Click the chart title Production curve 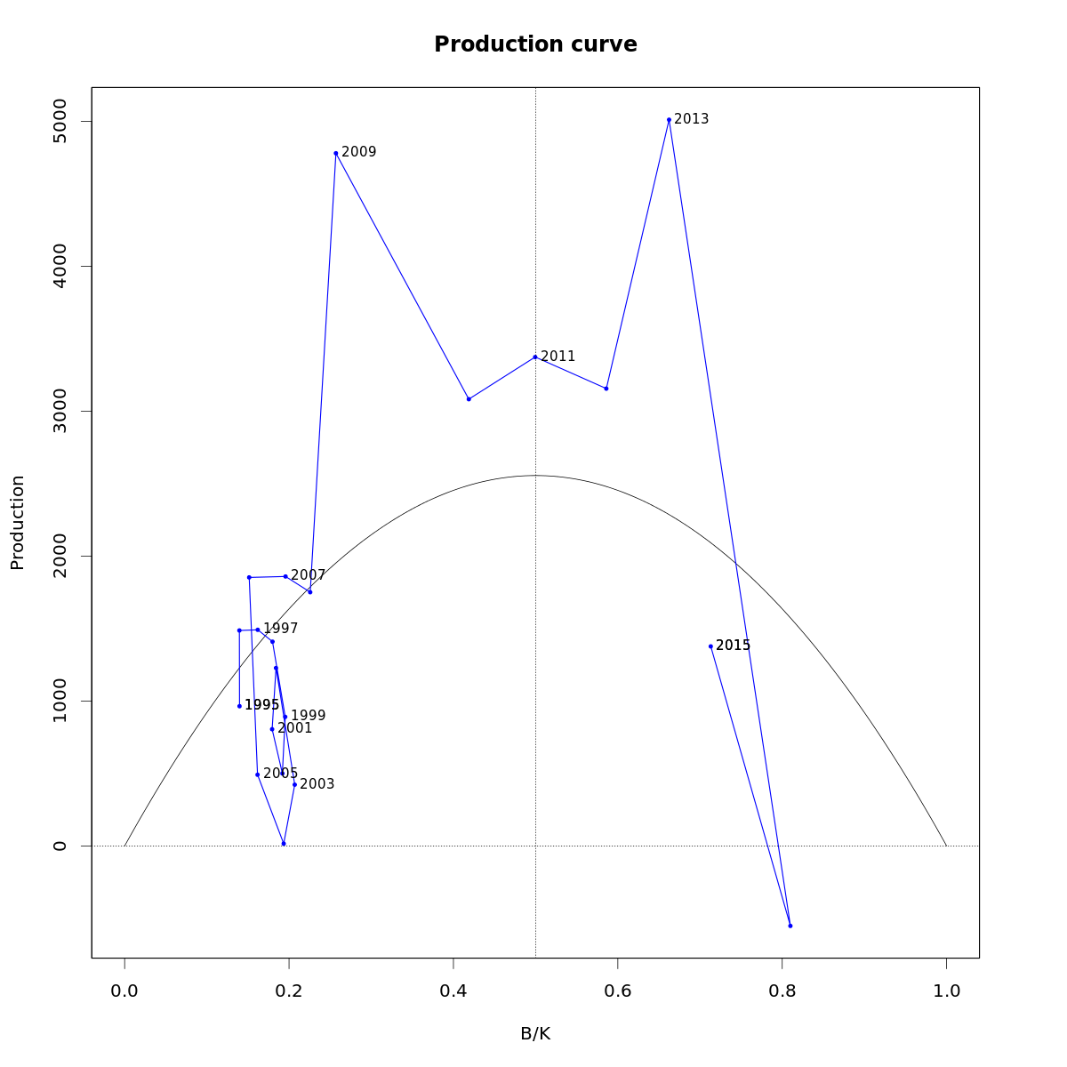coord(535,44)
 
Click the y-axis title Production coord(18,523)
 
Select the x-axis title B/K coord(535,1034)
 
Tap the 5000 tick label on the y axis coord(60,121)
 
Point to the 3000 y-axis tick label coord(60,411)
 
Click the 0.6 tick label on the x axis coord(618,991)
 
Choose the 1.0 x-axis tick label coord(946,991)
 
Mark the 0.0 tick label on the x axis coord(124,991)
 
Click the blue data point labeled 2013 coord(669,119)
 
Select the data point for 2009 coord(336,153)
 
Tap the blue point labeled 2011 coord(535,357)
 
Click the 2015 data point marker coord(710,646)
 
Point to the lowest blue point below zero coord(790,926)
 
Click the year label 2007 coord(309,575)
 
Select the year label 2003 coord(317,784)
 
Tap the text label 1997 coord(281,629)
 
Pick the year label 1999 coord(309,716)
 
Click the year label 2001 coord(295,728)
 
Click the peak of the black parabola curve coord(535,476)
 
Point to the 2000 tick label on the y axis coord(60,556)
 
